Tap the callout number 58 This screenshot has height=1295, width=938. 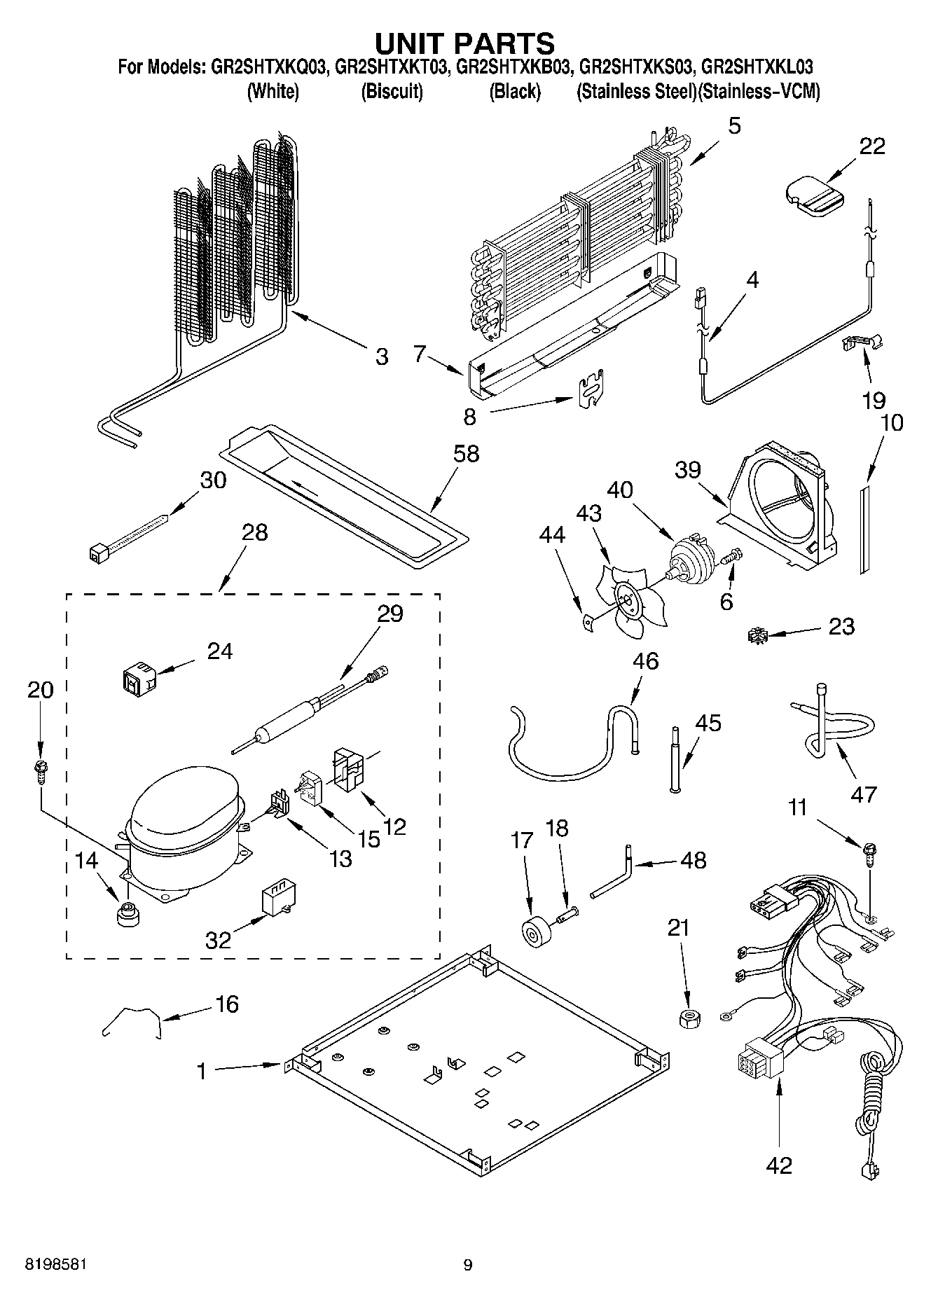point(466,454)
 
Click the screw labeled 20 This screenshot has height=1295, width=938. point(41,769)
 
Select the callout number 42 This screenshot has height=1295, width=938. point(779,1165)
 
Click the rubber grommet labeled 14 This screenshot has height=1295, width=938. point(127,913)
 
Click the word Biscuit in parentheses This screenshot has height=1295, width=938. point(392,92)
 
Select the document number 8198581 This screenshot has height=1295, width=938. point(56,1265)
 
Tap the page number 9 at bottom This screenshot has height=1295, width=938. point(467,1265)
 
